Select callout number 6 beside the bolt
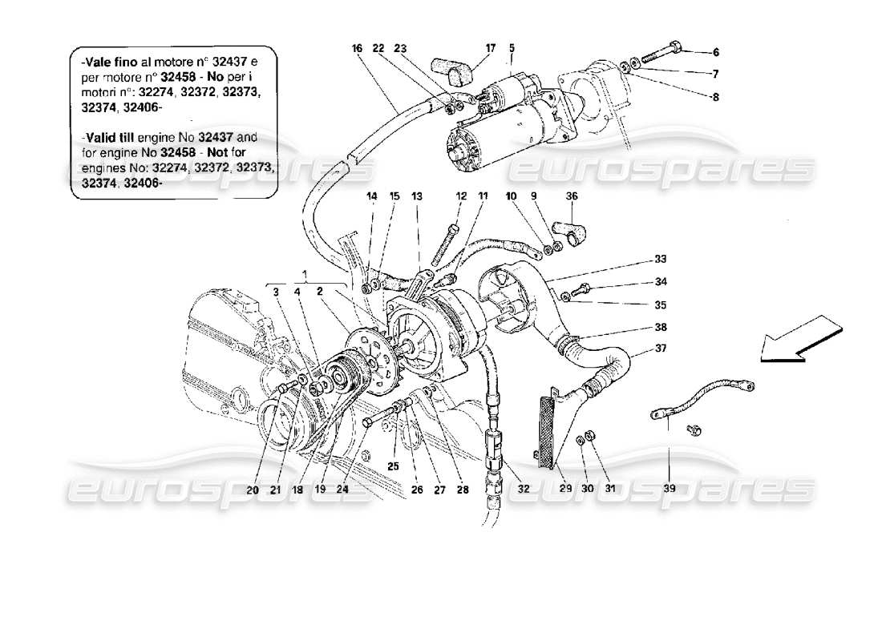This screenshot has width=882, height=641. (x=716, y=52)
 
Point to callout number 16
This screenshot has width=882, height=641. (x=356, y=48)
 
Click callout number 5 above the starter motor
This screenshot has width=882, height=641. (x=510, y=48)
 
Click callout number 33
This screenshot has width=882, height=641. (x=660, y=259)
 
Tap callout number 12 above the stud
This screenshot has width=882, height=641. (x=461, y=196)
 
